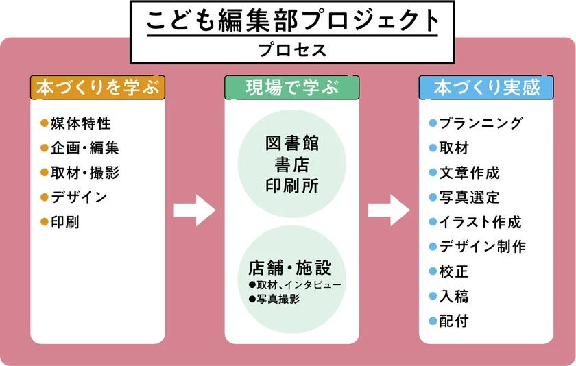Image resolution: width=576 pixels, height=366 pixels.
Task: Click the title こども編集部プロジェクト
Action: pyautogui.click(x=292, y=21)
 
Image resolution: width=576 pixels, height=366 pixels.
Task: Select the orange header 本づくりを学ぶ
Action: pyautogui.click(x=97, y=88)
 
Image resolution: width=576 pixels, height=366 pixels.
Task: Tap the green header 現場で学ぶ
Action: pyautogui.click(x=292, y=88)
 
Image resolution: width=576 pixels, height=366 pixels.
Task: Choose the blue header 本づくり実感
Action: pyautogui.click(x=487, y=88)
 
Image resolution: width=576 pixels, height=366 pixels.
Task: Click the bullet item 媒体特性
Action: pyautogui.click(x=80, y=124)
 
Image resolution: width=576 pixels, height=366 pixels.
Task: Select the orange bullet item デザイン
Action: pyautogui.click(x=79, y=197)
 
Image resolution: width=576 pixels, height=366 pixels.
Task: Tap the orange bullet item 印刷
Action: pyautogui.click(x=65, y=222)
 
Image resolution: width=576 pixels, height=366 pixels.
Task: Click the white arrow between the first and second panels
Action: pyautogui.click(x=194, y=210)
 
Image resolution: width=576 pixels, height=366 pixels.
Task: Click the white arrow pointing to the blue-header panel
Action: pyautogui.click(x=389, y=210)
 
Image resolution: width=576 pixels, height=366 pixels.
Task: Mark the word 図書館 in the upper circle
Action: pyautogui.click(x=292, y=145)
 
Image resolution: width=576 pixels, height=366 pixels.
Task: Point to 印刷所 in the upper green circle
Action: pyautogui.click(x=292, y=186)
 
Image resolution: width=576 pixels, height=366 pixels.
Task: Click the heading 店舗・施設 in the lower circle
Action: pyautogui.click(x=292, y=267)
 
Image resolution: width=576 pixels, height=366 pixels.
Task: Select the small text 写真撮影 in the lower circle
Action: pyautogui.click(x=278, y=300)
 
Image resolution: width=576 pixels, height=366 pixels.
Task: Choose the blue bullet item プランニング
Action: pyautogui.click(x=481, y=123)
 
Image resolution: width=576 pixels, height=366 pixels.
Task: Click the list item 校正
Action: pyautogui.click(x=453, y=271)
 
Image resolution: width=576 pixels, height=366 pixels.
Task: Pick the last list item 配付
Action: pyautogui.click(x=453, y=321)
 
